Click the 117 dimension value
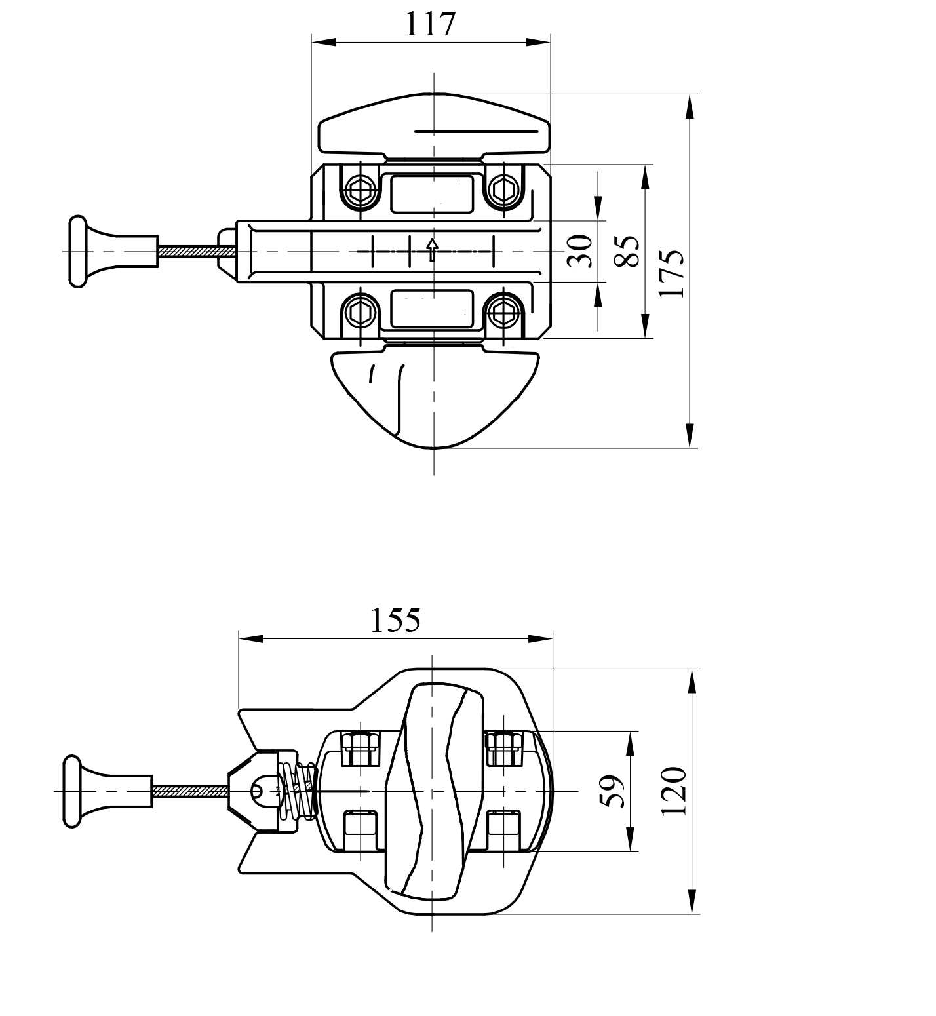point(430,24)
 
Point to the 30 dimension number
point(580,251)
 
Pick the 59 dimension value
point(612,791)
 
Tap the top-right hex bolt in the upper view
point(504,191)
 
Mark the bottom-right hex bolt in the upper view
point(504,311)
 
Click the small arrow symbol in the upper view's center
point(432,250)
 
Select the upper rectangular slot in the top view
point(432,193)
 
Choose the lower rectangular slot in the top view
point(432,308)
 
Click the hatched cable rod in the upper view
point(190,251)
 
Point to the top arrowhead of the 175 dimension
point(690,107)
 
